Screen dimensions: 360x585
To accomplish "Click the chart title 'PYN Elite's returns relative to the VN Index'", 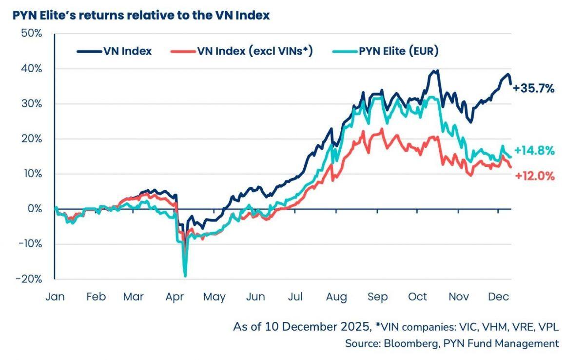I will [x=141, y=15].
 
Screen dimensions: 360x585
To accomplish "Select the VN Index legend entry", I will [x=114, y=51].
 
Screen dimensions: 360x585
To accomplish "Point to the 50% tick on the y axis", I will [x=31, y=34].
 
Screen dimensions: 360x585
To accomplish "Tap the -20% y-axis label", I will [x=29, y=279].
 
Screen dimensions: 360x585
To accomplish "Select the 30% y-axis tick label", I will [x=31, y=104].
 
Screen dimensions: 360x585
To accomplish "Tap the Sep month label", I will [x=378, y=297].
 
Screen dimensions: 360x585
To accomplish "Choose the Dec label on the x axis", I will [x=499, y=297].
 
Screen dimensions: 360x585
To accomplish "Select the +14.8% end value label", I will [x=534, y=151].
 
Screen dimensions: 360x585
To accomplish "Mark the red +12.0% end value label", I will [x=534, y=176].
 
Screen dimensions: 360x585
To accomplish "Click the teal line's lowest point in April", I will [x=185, y=276].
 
